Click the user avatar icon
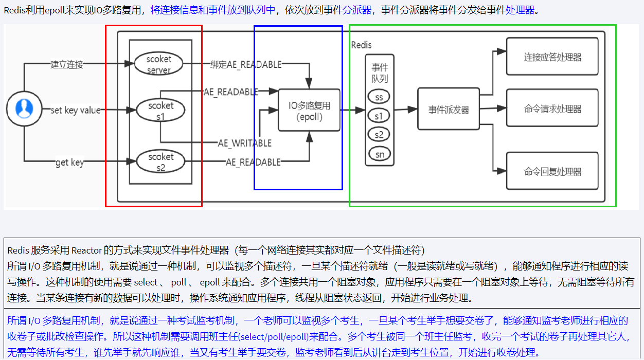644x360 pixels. coord(24,109)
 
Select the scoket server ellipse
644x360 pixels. coord(159,64)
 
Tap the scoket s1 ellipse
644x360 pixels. coord(160,111)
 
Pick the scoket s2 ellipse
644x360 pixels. coord(160,161)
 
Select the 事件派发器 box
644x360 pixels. coord(449,109)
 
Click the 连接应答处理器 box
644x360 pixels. coord(552,57)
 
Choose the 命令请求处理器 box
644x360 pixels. coord(552,109)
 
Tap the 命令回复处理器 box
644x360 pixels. coord(552,171)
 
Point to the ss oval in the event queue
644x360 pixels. coord(379,97)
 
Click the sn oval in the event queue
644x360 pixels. coord(379,154)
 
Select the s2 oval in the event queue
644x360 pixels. coord(379,135)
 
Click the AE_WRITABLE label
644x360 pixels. coord(244,143)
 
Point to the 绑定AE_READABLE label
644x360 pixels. coord(246,64)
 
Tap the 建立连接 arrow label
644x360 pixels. coord(66,64)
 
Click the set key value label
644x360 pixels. coord(75,110)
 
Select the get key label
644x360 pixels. coord(69,163)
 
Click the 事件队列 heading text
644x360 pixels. coord(380,73)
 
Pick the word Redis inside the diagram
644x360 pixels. coord(361,45)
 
